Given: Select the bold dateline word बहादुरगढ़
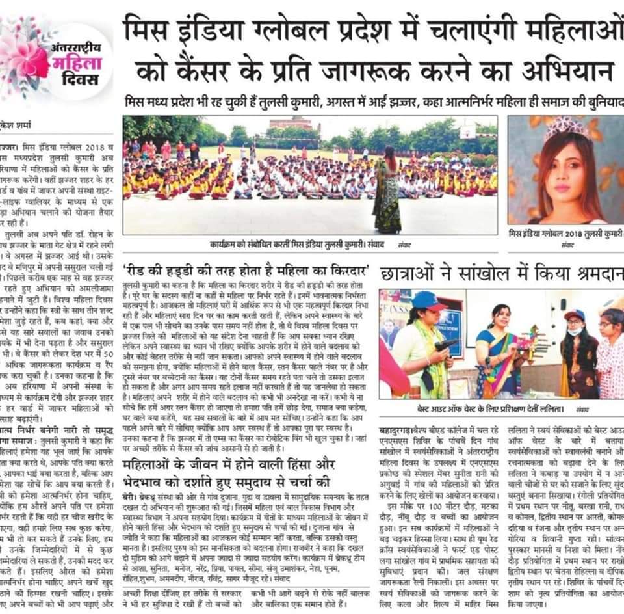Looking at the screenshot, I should tap(399, 429).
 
